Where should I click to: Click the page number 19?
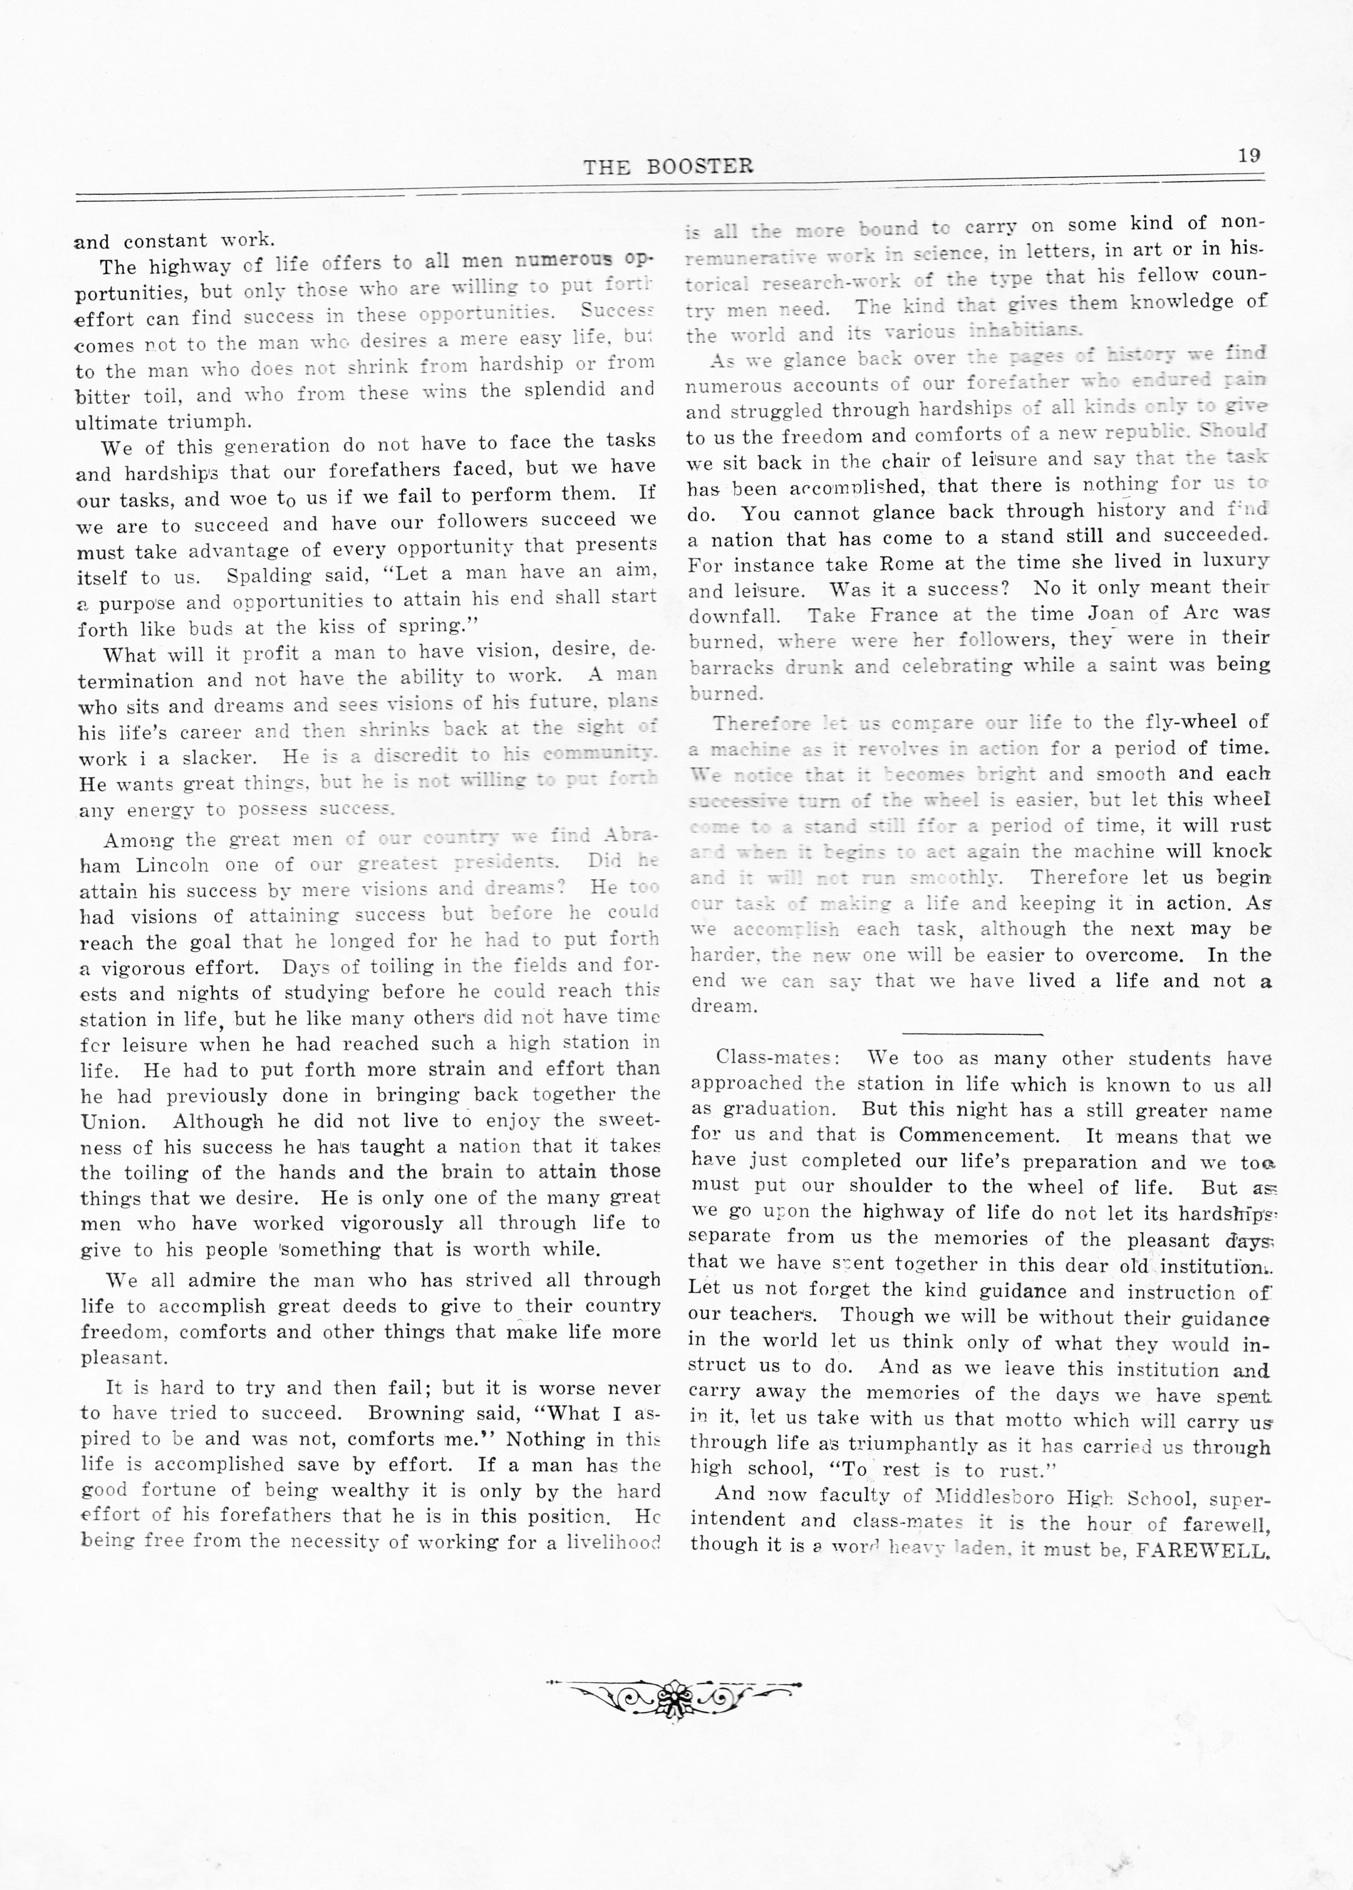[x=1249, y=155]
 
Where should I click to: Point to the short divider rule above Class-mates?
[x=971, y=1033]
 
